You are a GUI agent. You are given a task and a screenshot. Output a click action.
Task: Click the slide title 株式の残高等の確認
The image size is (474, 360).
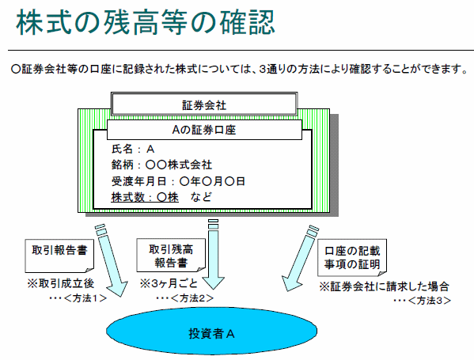coord(146,24)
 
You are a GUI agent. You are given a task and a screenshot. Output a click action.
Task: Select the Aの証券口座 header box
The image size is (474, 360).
coord(204,129)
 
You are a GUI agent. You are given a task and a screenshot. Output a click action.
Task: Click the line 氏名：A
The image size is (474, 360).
coord(133,149)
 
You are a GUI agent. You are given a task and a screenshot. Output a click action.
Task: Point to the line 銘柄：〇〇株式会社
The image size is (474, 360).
coord(162,165)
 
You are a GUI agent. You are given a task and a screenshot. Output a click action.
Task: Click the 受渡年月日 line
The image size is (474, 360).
coord(178,181)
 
